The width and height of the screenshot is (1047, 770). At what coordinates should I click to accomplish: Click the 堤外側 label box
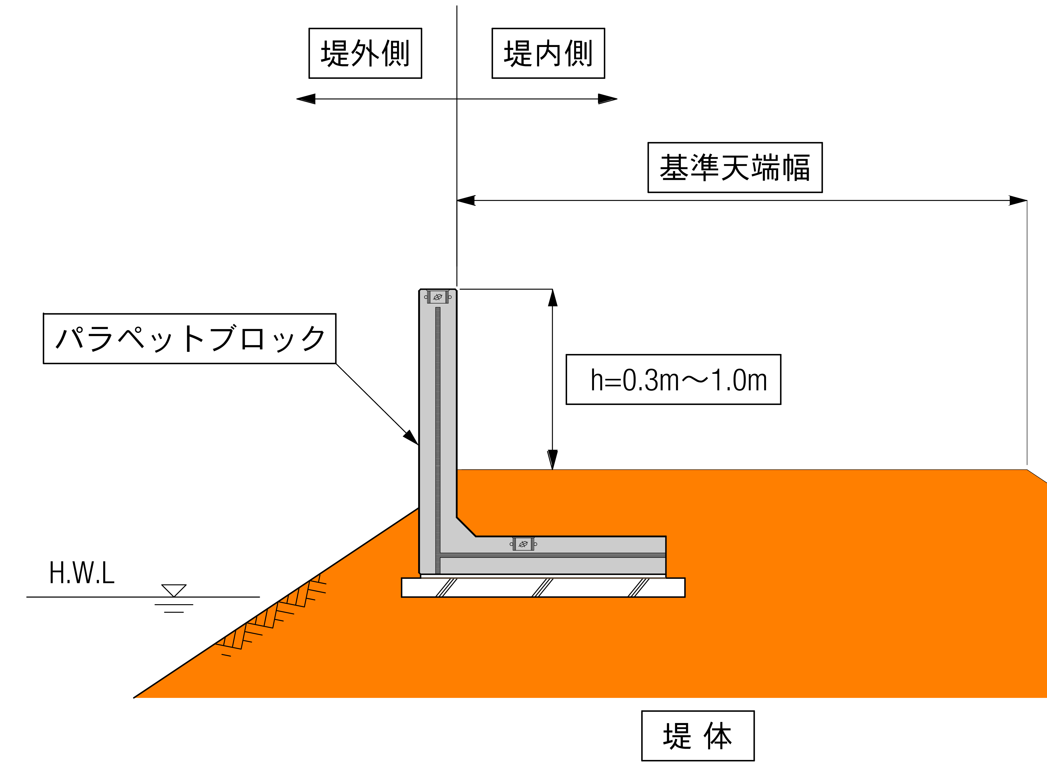click(x=365, y=53)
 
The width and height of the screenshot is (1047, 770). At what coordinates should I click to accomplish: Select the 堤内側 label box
click(x=548, y=53)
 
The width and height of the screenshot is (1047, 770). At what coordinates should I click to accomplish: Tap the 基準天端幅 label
click(x=735, y=167)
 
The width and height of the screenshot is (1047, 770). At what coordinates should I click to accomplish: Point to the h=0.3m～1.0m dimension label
click(x=673, y=379)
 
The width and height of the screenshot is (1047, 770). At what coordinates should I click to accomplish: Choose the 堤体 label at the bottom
click(x=697, y=736)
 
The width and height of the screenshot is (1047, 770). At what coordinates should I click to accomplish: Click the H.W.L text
click(x=82, y=573)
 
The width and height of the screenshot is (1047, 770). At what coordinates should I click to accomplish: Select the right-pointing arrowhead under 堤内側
click(x=607, y=99)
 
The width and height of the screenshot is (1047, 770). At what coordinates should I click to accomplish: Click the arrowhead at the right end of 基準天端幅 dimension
click(x=1018, y=200)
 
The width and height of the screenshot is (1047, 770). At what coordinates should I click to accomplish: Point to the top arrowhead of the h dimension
click(x=553, y=298)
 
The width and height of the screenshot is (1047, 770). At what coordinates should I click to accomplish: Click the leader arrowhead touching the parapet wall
click(x=411, y=438)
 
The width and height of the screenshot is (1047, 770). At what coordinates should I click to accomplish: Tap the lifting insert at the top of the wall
click(x=438, y=296)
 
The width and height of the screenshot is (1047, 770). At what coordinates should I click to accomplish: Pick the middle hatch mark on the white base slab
click(x=542, y=588)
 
